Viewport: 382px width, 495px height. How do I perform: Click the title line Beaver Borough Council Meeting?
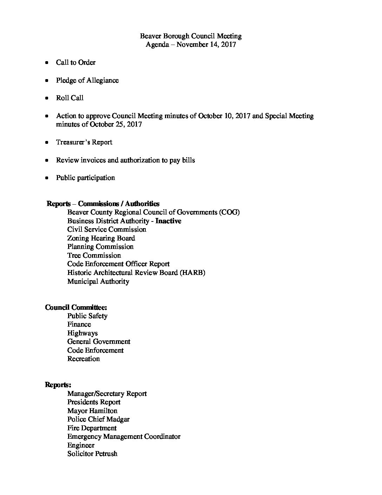click(x=191, y=36)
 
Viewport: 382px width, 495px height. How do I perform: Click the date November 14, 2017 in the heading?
click(x=206, y=45)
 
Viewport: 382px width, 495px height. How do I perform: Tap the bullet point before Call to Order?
click(x=47, y=63)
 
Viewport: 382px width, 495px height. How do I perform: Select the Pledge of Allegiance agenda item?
click(x=87, y=81)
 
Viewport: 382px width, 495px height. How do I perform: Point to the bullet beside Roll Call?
click(x=47, y=98)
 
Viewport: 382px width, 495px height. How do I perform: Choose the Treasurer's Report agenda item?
click(x=84, y=142)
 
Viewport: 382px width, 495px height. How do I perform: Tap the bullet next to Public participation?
click(x=47, y=178)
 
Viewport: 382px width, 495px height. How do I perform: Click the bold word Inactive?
click(x=168, y=221)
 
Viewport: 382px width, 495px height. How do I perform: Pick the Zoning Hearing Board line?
click(x=101, y=238)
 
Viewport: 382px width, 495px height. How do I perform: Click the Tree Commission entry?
click(x=94, y=256)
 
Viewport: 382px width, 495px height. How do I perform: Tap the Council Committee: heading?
click(x=76, y=307)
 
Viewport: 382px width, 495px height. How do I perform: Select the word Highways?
click(x=83, y=333)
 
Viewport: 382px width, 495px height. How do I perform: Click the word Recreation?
click(x=84, y=359)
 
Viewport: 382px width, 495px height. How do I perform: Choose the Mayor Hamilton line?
click(x=92, y=411)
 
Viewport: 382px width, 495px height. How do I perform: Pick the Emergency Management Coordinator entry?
click(x=124, y=437)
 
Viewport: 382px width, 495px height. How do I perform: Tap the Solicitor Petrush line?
click(x=92, y=454)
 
